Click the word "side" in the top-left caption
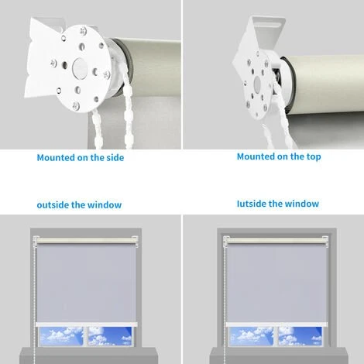point(115,157)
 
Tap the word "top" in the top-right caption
point(314,156)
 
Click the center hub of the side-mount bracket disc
point(80,68)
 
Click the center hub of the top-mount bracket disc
point(257,83)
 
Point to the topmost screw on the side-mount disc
point(83,31)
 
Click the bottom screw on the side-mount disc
point(76,105)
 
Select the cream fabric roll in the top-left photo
point(153,67)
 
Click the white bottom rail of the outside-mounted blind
point(87,325)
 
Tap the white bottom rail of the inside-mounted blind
point(276,325)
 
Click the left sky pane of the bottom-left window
point(61,336)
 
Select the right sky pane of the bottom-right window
point(300,336)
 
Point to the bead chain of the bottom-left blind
point(34,300)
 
